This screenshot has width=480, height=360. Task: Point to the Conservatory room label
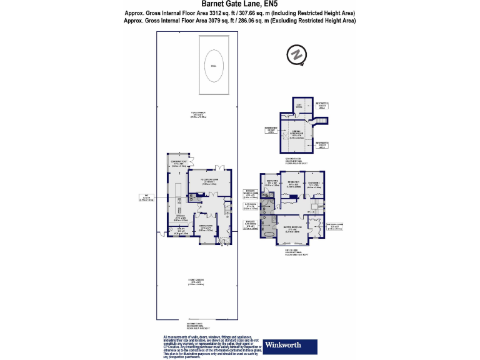(180, 164)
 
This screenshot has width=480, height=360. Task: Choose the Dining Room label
(206, 229)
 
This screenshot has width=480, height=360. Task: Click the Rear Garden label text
(199, 114)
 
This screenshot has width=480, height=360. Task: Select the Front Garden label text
(198, 280)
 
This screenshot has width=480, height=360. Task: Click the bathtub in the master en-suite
(269, 236)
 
